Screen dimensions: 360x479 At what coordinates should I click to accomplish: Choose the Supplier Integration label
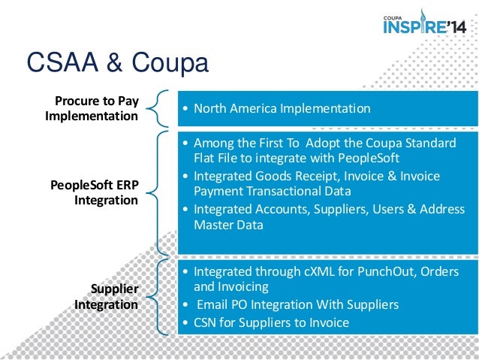[x=106, y=297]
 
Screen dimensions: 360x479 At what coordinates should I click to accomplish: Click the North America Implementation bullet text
[x=282, y=108]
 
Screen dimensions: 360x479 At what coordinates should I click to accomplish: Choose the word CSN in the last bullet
[x=206, y=322]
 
